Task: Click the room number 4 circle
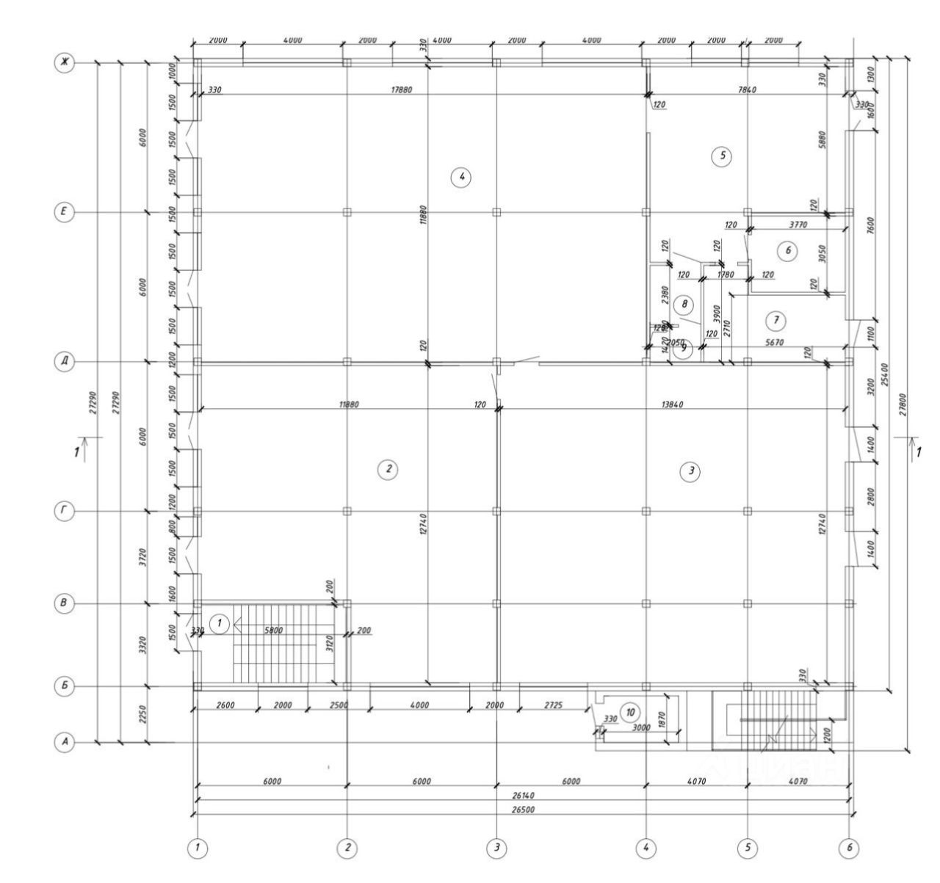460,177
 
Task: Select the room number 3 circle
689,472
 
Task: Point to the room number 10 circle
629,711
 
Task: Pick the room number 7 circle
775,320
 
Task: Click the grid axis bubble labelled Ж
65,63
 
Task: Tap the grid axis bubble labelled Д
65,362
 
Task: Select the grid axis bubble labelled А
65,744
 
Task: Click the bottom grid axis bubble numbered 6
849,849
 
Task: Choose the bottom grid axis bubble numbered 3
496,849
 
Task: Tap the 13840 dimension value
668,404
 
